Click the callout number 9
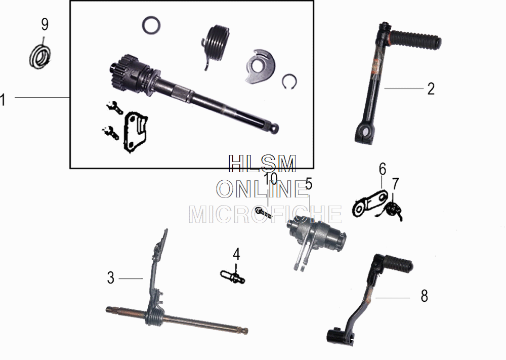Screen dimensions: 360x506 45,24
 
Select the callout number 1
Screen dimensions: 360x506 3,100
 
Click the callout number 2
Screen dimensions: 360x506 431,89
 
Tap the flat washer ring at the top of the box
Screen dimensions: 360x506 151,25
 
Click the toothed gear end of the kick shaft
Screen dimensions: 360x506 123,72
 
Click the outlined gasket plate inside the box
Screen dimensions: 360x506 134,132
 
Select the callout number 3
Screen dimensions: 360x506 110,278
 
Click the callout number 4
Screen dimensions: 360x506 236,254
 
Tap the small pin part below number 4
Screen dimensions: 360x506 233,276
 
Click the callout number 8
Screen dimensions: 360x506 424,296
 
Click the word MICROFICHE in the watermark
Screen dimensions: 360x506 265,215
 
